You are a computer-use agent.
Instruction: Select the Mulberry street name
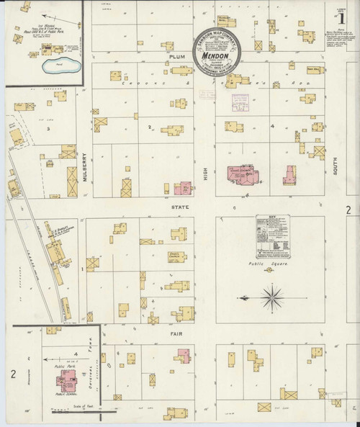tap(85, 171)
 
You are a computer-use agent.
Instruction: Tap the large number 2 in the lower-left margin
tap(12, 373)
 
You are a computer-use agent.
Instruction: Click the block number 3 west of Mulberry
tap(48, 128)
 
